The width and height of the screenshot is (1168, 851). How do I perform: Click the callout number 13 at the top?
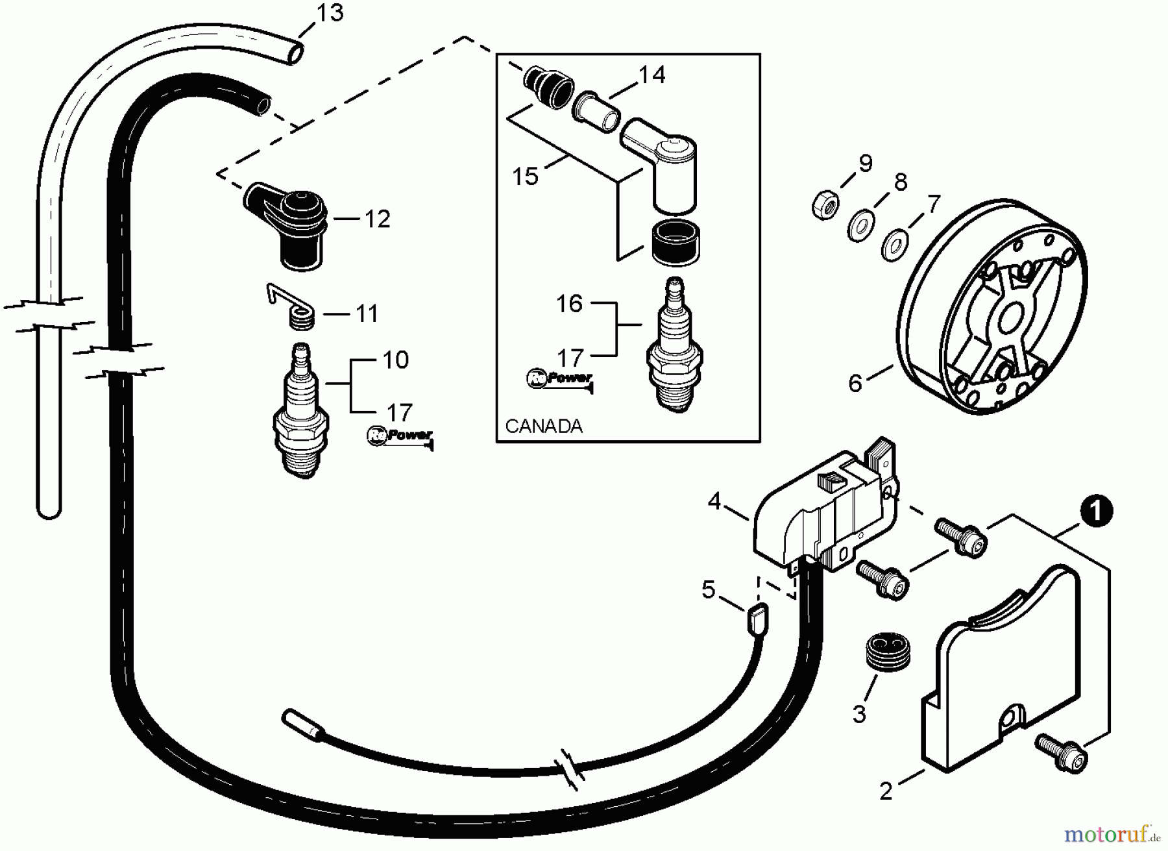(x=330, y=12)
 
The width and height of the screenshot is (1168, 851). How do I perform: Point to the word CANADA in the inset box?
(x=544, y=426)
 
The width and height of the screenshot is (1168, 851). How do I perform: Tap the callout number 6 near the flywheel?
(x=855, y=383)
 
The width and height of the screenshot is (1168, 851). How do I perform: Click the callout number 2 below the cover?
(x=886, y=791)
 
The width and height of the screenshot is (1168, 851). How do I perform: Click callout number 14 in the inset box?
(x=652, y=75)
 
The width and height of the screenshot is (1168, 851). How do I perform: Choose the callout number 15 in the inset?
(x=525, y=176)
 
